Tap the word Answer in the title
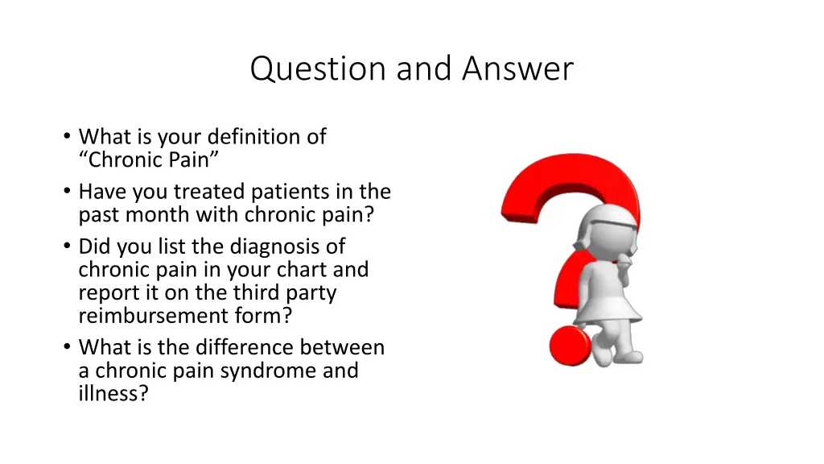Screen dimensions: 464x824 click(518, 69)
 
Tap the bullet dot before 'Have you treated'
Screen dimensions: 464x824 click(66, 193)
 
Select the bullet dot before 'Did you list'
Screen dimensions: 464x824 click(66, 246)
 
